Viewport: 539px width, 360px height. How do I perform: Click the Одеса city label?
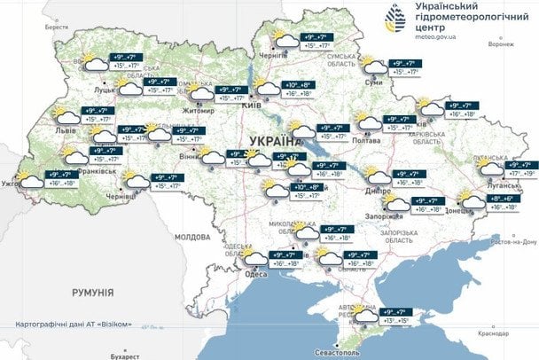[255, 274]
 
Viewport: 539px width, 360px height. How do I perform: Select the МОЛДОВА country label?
[192, 238]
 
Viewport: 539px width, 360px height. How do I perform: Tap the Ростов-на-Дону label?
[512, 241]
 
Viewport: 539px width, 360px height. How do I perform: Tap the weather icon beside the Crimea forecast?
[364, 315]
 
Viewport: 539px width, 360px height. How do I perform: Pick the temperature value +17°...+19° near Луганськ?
[519, 174]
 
